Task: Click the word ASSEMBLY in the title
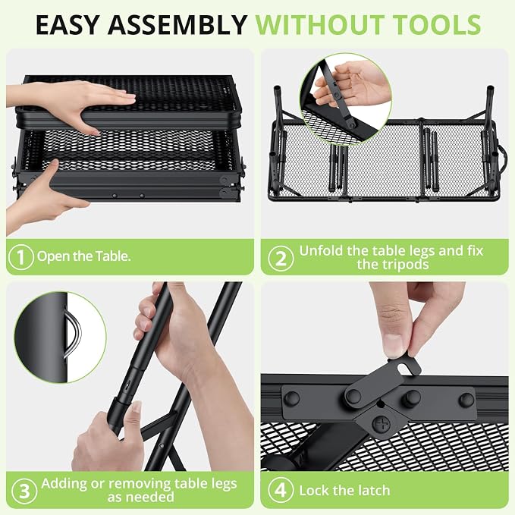(177, 24)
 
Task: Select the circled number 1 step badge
(21, 256)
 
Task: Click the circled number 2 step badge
(281, 258)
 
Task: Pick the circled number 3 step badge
(24, 491)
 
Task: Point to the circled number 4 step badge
(281, 490)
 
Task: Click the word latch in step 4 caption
(373, 491)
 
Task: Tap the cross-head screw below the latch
(381, 424)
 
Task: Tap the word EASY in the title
(68, 24)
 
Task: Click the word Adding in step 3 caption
(64, 483)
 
